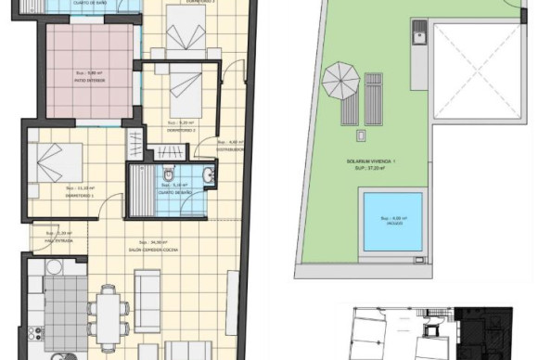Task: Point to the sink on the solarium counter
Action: tap(419, 38)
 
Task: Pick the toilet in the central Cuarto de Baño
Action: tap(167, 175)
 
